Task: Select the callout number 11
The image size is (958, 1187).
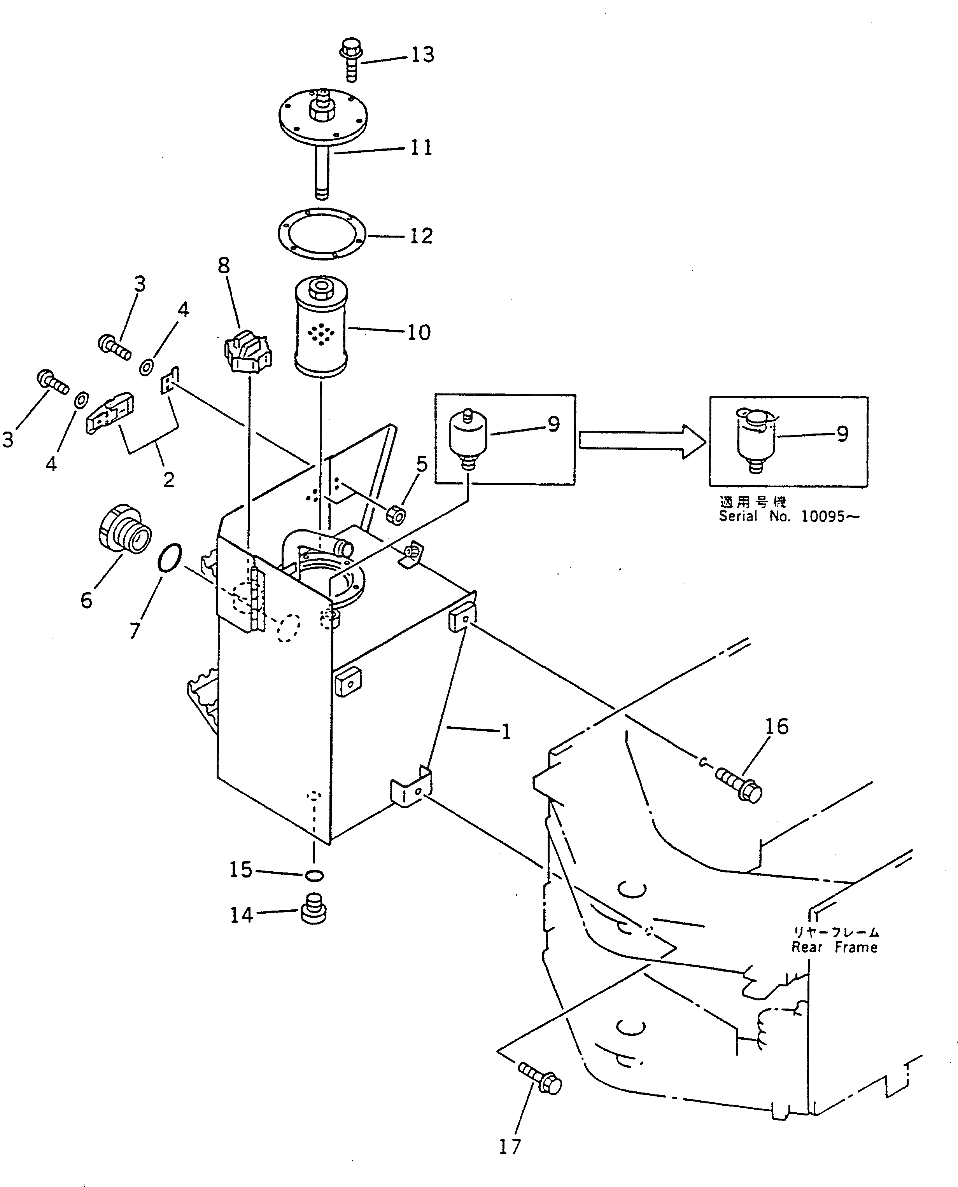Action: [x=421, y=148]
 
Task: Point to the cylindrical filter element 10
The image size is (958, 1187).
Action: [x=321, y=329]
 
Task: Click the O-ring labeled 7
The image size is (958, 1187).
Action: [x=169, y=558]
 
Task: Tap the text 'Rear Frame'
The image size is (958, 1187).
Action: [x=834, y=948]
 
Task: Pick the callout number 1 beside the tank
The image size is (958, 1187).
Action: [x=506, y=732]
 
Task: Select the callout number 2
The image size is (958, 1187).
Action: [x=169, y=479]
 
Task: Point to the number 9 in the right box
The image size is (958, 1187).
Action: [x=842, y=434]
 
